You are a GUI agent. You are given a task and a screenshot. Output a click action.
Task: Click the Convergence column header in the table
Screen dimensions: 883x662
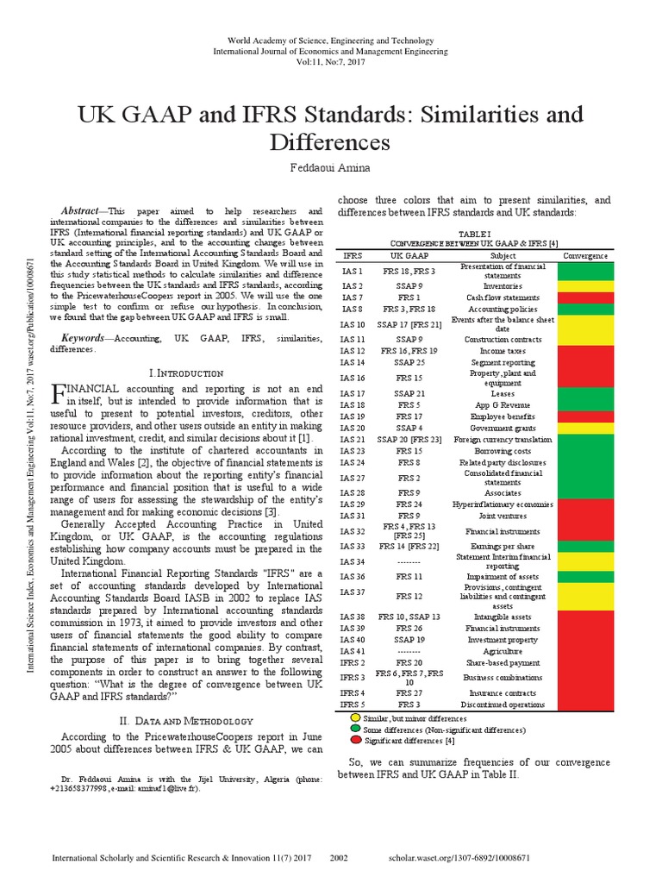pos(585,256)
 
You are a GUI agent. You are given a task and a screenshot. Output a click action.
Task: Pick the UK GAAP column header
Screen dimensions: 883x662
pos(409,256)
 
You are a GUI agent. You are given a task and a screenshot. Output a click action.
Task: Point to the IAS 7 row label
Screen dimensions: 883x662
pos(353,297)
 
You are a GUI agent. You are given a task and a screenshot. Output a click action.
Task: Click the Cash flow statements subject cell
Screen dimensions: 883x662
pos(503,297)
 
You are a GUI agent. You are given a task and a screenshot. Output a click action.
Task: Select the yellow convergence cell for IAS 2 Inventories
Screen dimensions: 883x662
pos(585,285)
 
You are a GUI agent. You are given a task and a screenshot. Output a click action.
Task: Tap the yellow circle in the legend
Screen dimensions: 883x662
pos(355,717)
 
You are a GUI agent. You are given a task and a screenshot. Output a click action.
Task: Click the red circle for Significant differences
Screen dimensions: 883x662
pos(355,740)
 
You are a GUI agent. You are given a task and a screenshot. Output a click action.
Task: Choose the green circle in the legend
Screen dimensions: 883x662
pos(355,729)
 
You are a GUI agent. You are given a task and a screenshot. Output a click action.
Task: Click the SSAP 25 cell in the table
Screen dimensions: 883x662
pos(409,363)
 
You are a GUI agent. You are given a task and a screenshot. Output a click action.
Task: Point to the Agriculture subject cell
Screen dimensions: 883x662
pos(503,651)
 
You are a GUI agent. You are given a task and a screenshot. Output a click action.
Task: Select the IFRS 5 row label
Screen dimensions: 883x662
pos(353,705)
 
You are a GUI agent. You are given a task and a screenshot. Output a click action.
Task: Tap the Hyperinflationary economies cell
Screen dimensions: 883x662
pos(503,504)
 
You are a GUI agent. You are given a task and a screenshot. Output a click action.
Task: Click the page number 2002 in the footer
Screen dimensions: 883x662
pos(339,859)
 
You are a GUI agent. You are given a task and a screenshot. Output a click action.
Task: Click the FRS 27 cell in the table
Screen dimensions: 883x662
pos(409,692)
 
